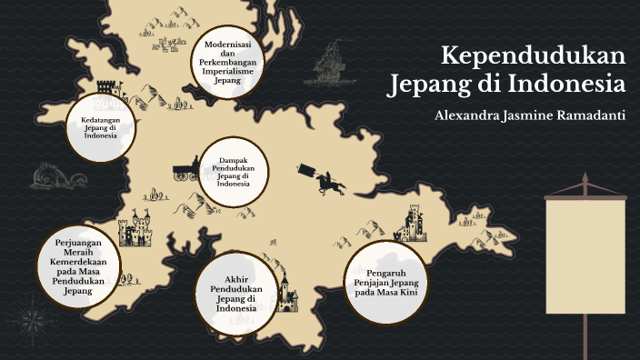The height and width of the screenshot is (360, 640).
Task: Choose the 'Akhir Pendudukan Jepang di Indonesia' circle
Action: (x=234, y=290)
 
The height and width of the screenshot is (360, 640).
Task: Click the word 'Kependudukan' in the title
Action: (x=534, y=56)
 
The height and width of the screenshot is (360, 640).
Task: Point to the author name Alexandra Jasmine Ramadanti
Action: (x=530, y=116)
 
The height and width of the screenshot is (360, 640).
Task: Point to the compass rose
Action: (x=35, y=321)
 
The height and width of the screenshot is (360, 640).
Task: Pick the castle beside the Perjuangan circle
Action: (x=138, y=229)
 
